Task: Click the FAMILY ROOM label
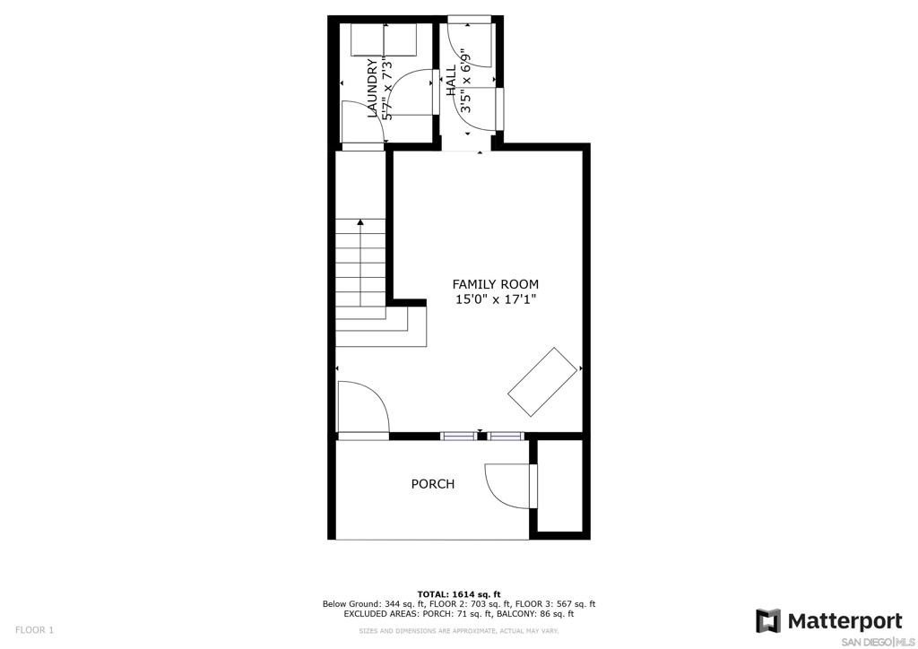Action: [495, 284]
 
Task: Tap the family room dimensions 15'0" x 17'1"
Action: [496, 300]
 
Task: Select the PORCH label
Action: [433, 484]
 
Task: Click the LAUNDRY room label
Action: [372, 89]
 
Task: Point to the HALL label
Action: [452, 81]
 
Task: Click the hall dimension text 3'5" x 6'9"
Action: [466, 81]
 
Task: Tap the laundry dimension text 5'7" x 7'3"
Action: [387, 89]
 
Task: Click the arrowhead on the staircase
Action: [360, 222]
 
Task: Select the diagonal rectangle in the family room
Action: [542, 382]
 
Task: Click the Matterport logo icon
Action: [768, 620]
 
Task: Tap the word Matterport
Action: [845, 621]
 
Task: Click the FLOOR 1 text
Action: [34, 630]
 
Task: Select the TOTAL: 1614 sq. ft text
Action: [459, 594]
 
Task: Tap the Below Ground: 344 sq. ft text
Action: [373, 604]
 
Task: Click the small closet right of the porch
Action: [559, 486]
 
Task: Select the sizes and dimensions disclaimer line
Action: [459, 631]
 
